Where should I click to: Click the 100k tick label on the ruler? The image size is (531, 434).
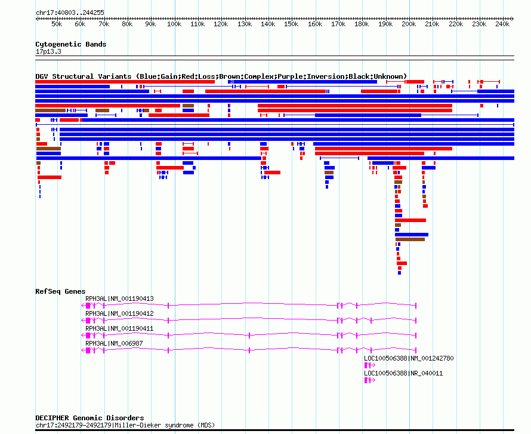click(x=174, y=24)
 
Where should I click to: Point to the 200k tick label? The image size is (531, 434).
click(x=409, y=24)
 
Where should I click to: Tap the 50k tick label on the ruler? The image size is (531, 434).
click(x=57, y=24)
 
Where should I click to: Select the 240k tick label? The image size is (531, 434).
click(x=502, y=24)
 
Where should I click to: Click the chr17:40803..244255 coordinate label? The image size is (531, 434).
click(x=70, y=13)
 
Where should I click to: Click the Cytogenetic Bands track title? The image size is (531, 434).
click(x=70, y=44)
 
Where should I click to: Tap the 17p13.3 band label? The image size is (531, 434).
click(x=48, y=51)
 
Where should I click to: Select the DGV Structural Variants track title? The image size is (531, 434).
click(x=84, y=76)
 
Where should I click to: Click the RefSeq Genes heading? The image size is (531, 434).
click(x=60, y=291)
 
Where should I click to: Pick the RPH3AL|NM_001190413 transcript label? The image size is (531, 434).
click(x=119, y=298)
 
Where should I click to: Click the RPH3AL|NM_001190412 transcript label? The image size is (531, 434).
click(x=119, y=313)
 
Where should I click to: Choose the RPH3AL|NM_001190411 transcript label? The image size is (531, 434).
click(x=119, y=328)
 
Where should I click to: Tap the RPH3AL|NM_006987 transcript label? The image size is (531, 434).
click(x=114, y=343)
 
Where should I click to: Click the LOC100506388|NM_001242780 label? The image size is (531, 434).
click(x=409, y=358)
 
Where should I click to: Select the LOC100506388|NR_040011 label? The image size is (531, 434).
click(x=403, y=373)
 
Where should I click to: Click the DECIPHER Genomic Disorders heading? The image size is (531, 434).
click(x=89, y=418)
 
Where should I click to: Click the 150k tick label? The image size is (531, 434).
click(x=291, y=24)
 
